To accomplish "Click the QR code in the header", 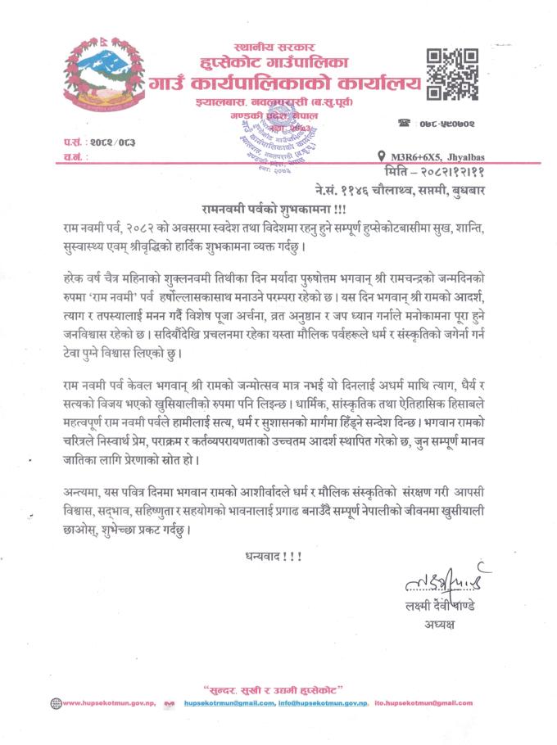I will pos(453,73).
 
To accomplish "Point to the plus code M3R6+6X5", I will pos(410,156).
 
